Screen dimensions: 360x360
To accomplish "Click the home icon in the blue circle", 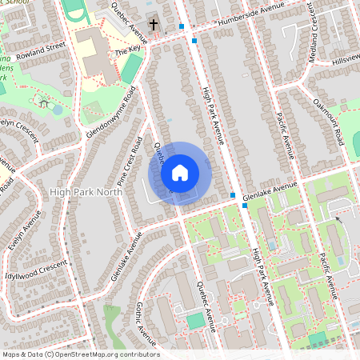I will point(180,173).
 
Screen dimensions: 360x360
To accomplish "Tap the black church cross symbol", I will point(154,26).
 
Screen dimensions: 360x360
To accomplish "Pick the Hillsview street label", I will point(346,60).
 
